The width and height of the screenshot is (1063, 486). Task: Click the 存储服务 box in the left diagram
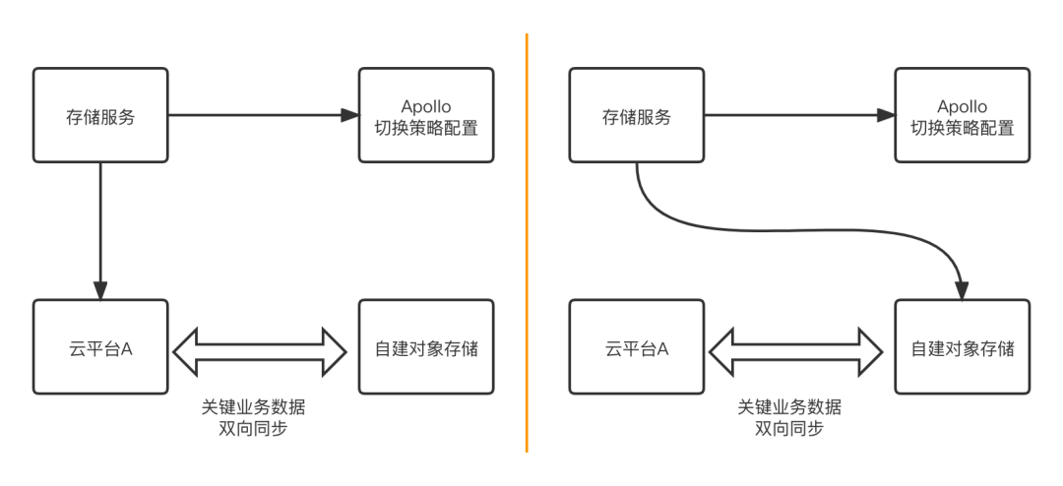[100, 116]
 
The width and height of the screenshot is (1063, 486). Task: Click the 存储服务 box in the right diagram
[636, 116]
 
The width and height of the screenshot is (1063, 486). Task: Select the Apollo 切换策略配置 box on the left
[426, 116]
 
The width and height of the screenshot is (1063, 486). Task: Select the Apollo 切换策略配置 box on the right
[962, 116]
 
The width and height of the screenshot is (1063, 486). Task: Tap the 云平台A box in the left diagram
[100, 348]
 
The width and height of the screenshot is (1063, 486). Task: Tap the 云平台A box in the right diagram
[636, 348]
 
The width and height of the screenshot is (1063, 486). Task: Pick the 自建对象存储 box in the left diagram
[426, 348]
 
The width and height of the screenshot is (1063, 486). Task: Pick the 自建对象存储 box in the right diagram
[962, 348]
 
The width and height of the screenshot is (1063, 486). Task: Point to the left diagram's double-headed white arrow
[260, 351]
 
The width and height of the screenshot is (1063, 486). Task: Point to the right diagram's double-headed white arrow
[796, 351]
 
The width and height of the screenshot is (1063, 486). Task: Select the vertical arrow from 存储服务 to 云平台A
[100, 226]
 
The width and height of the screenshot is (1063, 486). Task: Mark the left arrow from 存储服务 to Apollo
[256, 116]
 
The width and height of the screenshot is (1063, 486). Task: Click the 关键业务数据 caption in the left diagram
[260, 407]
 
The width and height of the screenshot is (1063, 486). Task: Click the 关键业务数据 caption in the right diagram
[789, 407]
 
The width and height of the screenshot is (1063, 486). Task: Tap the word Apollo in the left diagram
[426, 106]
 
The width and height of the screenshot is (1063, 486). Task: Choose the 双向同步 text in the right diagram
[789, 429]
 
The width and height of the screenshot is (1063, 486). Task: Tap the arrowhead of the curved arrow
[962, 289]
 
